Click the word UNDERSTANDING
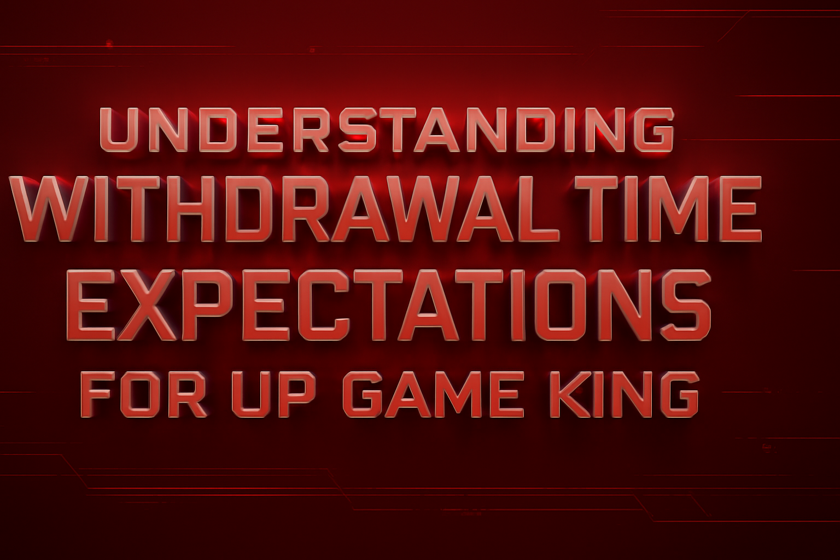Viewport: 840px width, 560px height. (386, 130)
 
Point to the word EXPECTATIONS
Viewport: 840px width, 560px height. (388, 304)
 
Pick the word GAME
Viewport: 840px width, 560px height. (432, 394)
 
